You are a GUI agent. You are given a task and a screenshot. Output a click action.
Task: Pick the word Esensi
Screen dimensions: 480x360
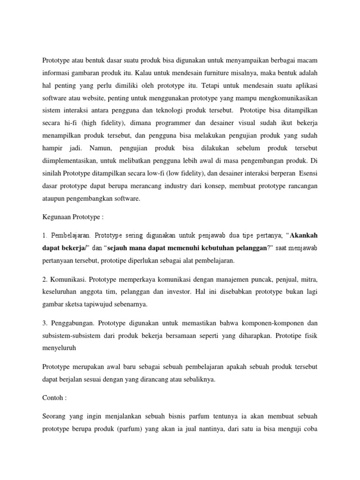pyautogui.click(x=307, y=172)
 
